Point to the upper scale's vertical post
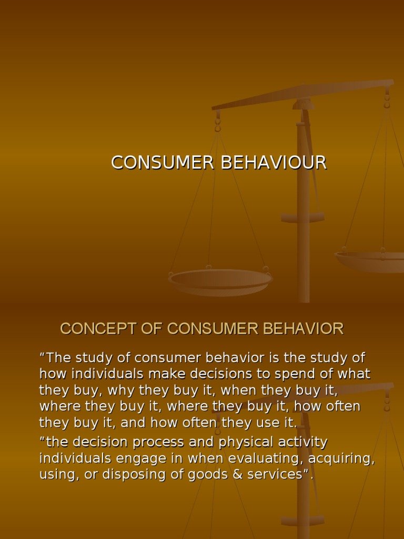click(x=303, y=211)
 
